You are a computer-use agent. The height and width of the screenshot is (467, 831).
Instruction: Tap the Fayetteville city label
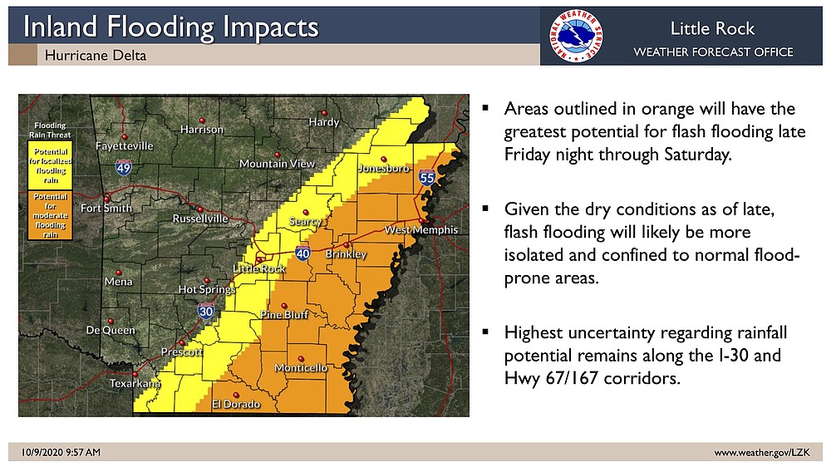[125, 146]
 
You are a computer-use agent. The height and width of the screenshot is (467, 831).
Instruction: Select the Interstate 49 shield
[123, 169]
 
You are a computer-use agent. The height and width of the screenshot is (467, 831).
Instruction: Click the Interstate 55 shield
[426, 177]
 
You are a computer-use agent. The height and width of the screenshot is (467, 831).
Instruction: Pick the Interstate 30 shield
[204, 311]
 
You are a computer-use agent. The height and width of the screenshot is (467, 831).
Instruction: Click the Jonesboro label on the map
[384, 169]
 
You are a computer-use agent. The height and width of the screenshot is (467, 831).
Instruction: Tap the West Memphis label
[421, 230]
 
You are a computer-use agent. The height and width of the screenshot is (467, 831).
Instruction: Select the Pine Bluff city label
[285, 315]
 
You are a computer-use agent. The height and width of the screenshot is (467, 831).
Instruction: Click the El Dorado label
[236, 405]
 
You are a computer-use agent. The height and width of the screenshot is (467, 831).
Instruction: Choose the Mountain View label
[277, 164]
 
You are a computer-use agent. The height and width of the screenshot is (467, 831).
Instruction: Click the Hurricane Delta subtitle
[95, 56]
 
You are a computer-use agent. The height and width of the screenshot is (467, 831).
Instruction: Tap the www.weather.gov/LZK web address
[761, 452]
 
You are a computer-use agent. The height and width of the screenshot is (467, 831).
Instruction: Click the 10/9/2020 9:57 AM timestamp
[61, 452]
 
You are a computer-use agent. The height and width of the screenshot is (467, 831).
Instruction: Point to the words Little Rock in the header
[712, 29]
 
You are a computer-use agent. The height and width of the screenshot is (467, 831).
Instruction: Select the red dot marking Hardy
[326, 112]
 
